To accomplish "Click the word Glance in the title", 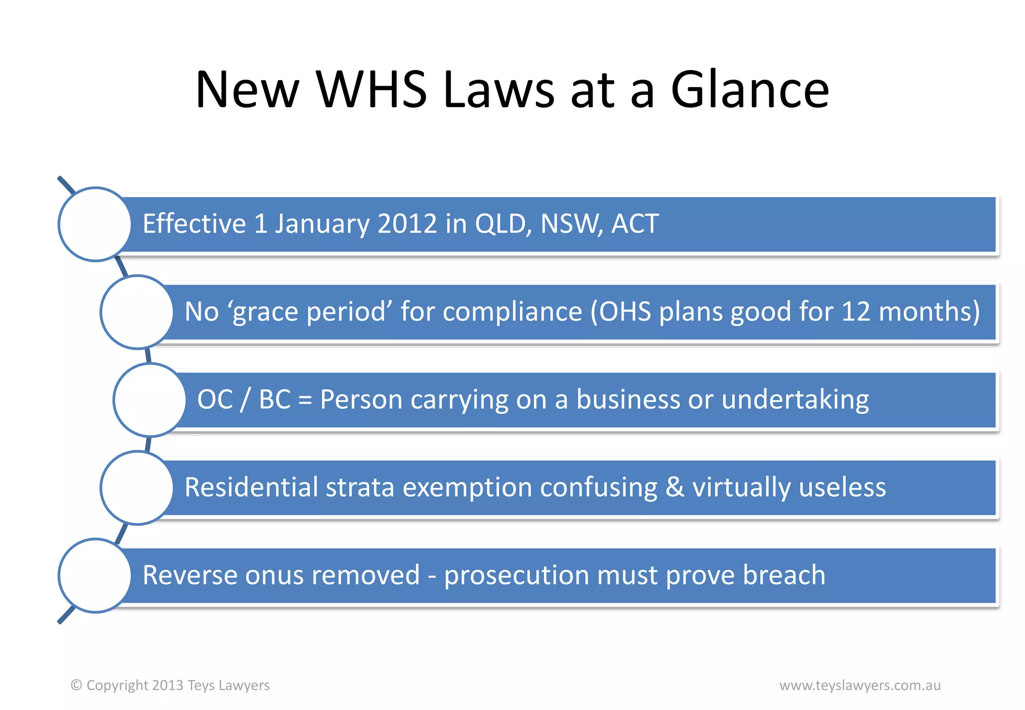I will (749, 90).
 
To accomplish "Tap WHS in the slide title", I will (371, 90).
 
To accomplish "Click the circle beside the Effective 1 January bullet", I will (95, 224).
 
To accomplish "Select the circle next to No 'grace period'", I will (137, 312).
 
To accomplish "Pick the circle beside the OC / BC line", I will (150, 400).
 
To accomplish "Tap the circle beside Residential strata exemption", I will (137, 488).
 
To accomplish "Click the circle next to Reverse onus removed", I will (95, 576).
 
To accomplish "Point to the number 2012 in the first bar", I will (407, 224).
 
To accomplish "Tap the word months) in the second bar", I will (929, 312).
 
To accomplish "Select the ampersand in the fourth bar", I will (675, 488).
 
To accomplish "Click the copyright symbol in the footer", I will (76, 685).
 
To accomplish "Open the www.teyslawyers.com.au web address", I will (860, 685).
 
